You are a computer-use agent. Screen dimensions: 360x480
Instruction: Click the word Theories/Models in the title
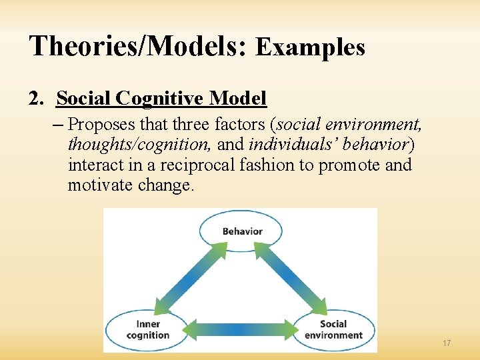(x=137, y=47)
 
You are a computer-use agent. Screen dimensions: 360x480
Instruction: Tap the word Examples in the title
(x=310, y=47)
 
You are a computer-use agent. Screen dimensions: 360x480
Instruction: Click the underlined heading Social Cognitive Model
(x=161, y=99)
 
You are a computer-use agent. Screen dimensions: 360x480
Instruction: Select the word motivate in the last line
(x=99, y=185)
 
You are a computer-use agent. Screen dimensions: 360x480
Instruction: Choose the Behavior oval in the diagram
(x=241, y=231)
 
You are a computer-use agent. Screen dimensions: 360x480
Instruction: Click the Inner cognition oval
(x=147, y=329)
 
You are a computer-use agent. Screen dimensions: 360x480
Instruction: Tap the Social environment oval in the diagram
(x=333, y=329)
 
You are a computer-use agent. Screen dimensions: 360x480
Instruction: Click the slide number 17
(x=446, y=343)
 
